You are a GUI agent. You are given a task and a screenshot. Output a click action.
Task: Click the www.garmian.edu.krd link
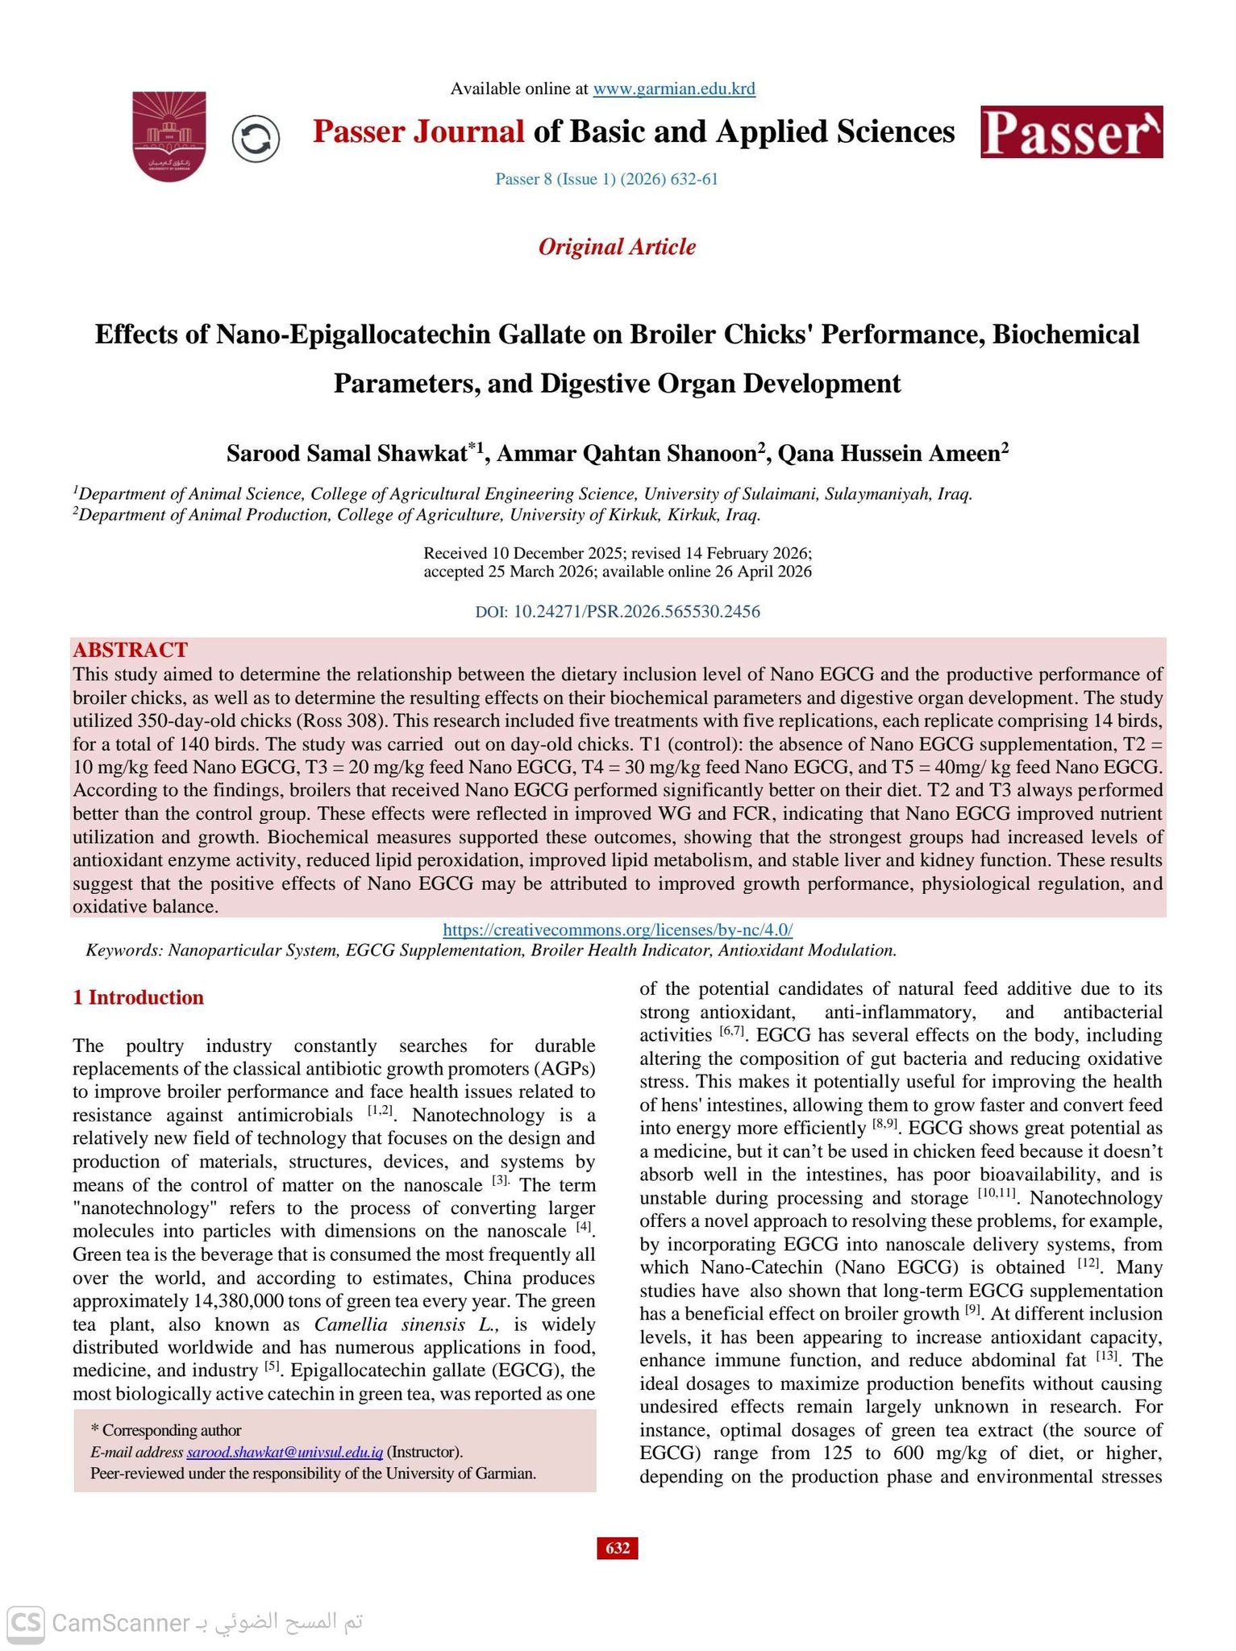(674, 89)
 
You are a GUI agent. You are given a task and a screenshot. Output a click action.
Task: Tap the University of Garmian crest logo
(169, 135)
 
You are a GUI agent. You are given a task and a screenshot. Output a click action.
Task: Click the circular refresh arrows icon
(256, 139)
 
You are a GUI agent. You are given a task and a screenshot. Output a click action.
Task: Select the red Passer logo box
(1072, 132)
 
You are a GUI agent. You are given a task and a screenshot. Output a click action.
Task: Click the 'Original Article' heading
(617, 247)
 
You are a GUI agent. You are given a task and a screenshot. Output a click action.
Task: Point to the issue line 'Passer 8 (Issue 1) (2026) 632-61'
(606, 179)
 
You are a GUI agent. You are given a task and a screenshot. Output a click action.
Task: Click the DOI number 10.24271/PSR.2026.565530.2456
(636, 611)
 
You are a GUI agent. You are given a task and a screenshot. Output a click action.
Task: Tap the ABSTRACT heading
(130, 650)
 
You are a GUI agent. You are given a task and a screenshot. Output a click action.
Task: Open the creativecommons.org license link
(618, 929)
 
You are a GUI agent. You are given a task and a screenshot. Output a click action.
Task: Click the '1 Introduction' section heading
(138, 997)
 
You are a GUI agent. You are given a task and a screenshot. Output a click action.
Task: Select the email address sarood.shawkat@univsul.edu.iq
(285, 1452)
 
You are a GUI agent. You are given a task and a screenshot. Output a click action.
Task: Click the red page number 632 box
(618, 1548)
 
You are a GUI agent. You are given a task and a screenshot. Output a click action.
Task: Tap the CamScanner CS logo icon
(25, 1622)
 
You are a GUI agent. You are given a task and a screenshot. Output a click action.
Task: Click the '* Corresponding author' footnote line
(166, 1430)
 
